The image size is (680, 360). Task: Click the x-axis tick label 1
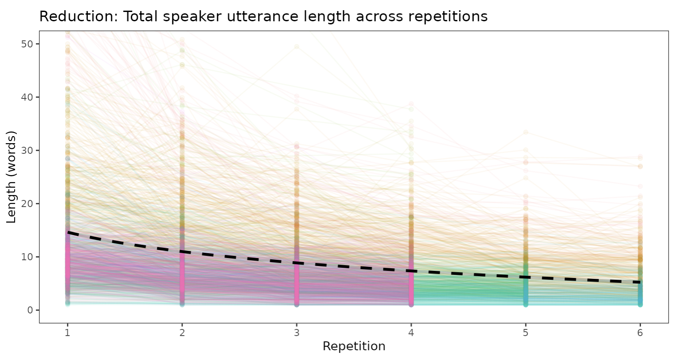pos(67,332)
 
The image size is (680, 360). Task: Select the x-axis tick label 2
pos(182,332)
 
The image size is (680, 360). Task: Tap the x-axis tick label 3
pos(297,332)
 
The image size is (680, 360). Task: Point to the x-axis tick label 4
pos(411,332)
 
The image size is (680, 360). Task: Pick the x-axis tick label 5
pos(526,332)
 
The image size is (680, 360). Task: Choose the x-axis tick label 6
pos(640,332)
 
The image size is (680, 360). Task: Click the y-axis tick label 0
pos(30,310)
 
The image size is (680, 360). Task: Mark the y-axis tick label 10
pos(28,257)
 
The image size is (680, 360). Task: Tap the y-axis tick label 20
pos(28,203)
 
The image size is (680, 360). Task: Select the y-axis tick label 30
pos(28,150)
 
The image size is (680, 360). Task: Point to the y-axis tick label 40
pos(28,97)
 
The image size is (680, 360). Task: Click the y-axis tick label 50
pos(28,44)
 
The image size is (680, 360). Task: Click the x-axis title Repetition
pos(354,346)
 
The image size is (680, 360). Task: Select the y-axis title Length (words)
pos(12,177)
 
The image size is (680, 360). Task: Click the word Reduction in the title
pos(77,17)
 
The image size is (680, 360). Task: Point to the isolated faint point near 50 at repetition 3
pos(297,46)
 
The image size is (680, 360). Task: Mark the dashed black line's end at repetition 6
pos(640,282)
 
